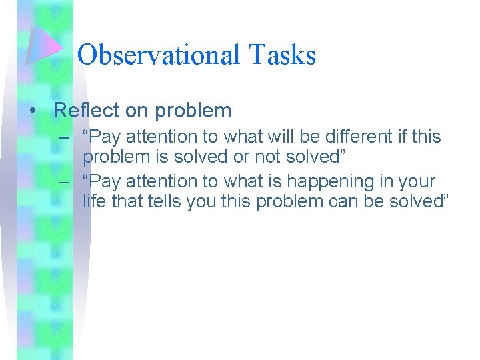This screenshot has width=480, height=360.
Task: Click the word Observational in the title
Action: (x=157, y=55)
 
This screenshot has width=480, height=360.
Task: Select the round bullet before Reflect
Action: (x=33, y=111)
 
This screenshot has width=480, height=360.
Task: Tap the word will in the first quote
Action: (x=265, y=137)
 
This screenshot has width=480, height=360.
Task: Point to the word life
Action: (x=93, y=201)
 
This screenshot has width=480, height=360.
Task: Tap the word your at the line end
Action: (x=416, y=181)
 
